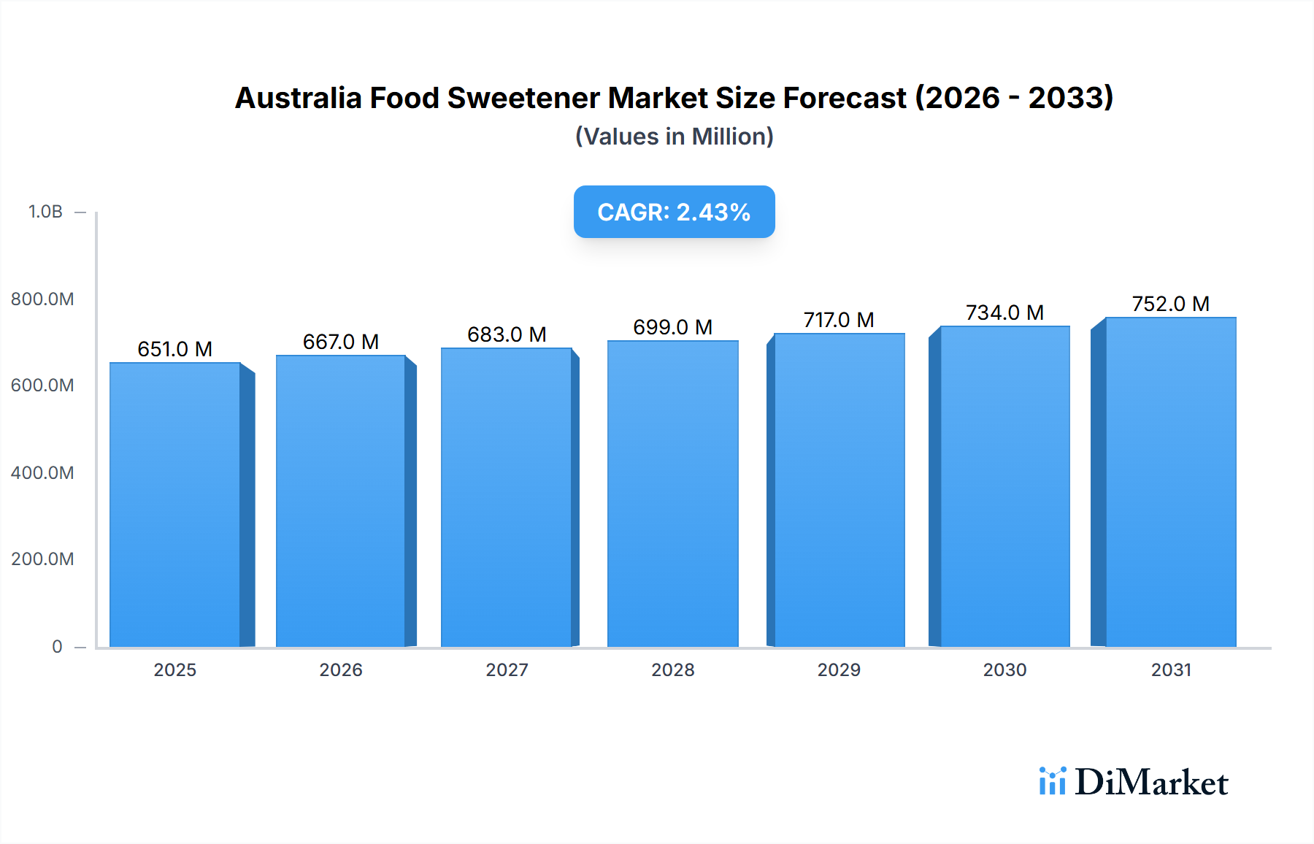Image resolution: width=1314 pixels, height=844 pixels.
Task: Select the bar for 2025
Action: [x=175, y=505]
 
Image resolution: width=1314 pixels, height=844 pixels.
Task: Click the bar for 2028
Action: [x=672, y=494]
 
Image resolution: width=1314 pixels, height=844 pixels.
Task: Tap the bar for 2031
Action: [x=1171, y=482]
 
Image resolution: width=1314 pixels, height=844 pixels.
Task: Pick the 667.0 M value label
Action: [x=341, y=342]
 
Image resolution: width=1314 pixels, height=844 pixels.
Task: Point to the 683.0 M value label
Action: [x=507, y=334]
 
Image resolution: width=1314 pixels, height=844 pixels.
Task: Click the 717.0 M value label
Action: [x=839, y=320]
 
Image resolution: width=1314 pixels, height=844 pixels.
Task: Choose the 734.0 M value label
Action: [x=1004, y=312]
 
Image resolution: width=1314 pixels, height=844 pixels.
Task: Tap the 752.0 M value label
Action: [x=1170, y=304]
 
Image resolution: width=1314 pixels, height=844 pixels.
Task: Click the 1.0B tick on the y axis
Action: [x=45, y=212]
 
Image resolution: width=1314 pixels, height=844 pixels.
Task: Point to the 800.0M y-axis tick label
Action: [x=42, y=299]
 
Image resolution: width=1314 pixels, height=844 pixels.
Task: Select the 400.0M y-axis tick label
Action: [x=42, y=473]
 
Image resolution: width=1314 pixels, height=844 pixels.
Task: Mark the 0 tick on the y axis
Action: [x=57, y=647]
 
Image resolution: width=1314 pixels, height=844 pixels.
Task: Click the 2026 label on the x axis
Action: [x=341, y=670]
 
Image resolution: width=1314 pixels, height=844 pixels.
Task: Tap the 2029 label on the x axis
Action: [x=839, y=670]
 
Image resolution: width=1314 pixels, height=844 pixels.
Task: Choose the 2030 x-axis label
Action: [x=1004, y=670]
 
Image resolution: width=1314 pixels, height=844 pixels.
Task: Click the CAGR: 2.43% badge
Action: [x=674, y=212]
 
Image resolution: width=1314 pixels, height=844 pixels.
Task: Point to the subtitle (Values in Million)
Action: [x=674, y=137]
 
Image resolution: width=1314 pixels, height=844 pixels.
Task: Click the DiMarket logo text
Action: [x=1151, y=783]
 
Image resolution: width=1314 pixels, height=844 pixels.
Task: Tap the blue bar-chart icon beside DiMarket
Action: [x=1052, y=781]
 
